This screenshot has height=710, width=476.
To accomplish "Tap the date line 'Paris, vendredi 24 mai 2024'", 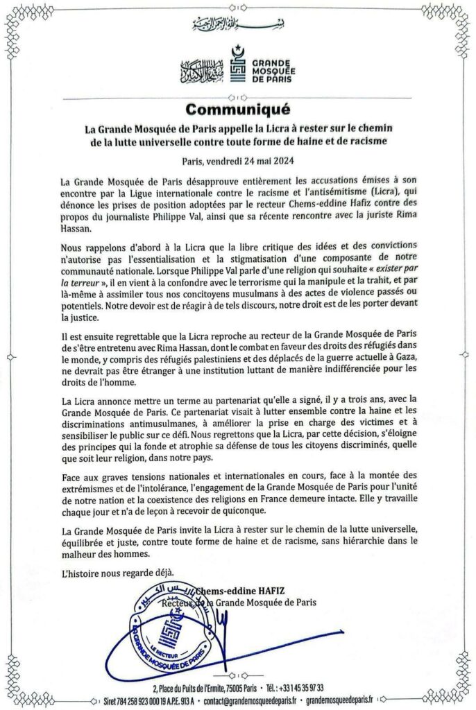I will pyautogui.click(x=238, y=161).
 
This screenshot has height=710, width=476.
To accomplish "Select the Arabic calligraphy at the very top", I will pyautogui.click(x=238, y=24).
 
